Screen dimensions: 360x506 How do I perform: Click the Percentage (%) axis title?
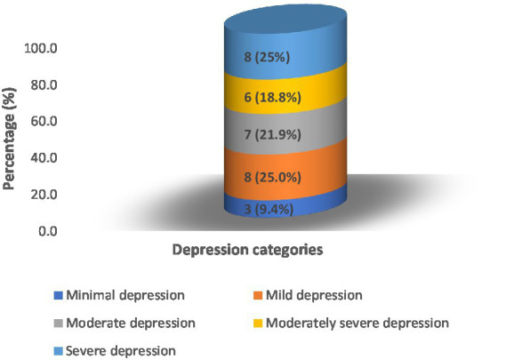12,139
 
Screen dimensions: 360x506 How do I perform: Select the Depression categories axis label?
246,251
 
